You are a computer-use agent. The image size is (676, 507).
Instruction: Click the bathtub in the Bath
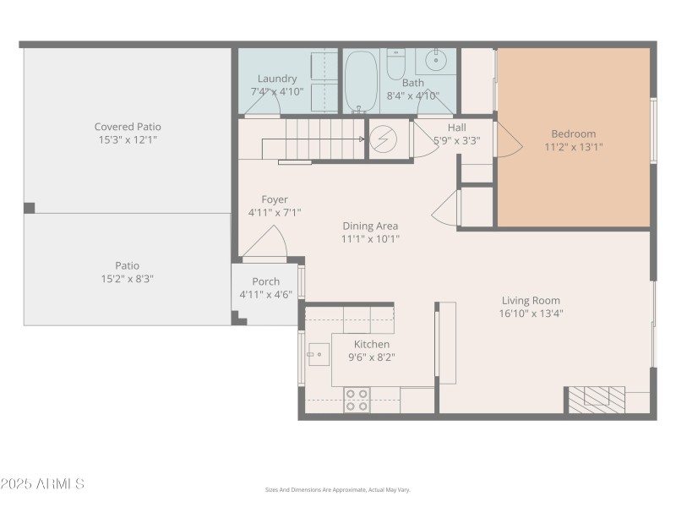click(x=361, y=81)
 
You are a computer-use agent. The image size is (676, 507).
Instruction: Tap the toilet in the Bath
click(x=395, y=64)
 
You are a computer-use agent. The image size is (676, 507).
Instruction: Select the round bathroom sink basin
click(x=436, y=60)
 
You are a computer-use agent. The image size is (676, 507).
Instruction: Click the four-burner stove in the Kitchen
click(x=357, y=400)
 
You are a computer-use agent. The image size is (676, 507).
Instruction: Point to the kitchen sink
click(x=319, y=354)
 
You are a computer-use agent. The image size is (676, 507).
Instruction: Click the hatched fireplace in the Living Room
click(x=597, y=400)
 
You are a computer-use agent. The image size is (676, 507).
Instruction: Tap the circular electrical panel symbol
click(x=384, y=139)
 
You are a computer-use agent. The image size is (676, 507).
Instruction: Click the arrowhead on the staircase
click(x=362, y=139)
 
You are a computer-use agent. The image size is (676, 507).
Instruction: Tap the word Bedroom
click(x=574, y=134)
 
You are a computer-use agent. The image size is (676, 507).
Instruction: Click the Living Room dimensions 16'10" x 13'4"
click(x=532, y=313)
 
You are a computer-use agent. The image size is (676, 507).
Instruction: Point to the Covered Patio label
click(x=128, y=127)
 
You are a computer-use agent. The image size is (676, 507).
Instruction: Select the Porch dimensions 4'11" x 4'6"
click(x=266, y=294)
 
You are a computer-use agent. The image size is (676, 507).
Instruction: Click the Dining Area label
click(x=370, y=226)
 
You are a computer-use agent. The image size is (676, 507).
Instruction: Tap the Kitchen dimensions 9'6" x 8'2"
click(x=372, y=357)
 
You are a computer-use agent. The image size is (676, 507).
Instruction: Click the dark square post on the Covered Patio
click(x=30, y=208)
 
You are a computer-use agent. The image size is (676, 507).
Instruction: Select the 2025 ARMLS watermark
click(x=42, y=483)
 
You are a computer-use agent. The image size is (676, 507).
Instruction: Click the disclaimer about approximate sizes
click(x=337, y=490)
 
